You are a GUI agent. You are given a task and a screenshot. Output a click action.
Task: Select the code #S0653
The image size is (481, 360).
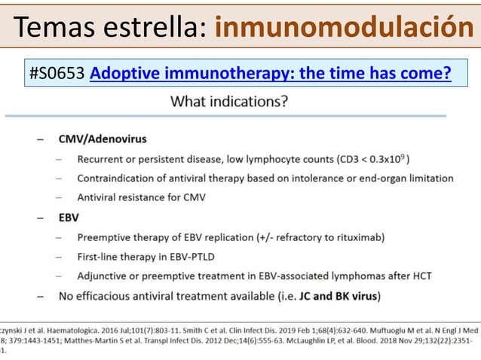[57, 74]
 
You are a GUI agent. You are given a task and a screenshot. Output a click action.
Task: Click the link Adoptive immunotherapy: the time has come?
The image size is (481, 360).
[270, 74]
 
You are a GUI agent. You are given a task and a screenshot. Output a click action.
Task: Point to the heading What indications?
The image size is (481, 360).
[229, 101]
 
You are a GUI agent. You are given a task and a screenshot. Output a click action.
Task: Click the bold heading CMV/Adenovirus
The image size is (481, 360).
[103, 139]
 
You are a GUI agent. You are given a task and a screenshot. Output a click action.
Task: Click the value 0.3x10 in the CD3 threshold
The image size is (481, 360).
[381, 160]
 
